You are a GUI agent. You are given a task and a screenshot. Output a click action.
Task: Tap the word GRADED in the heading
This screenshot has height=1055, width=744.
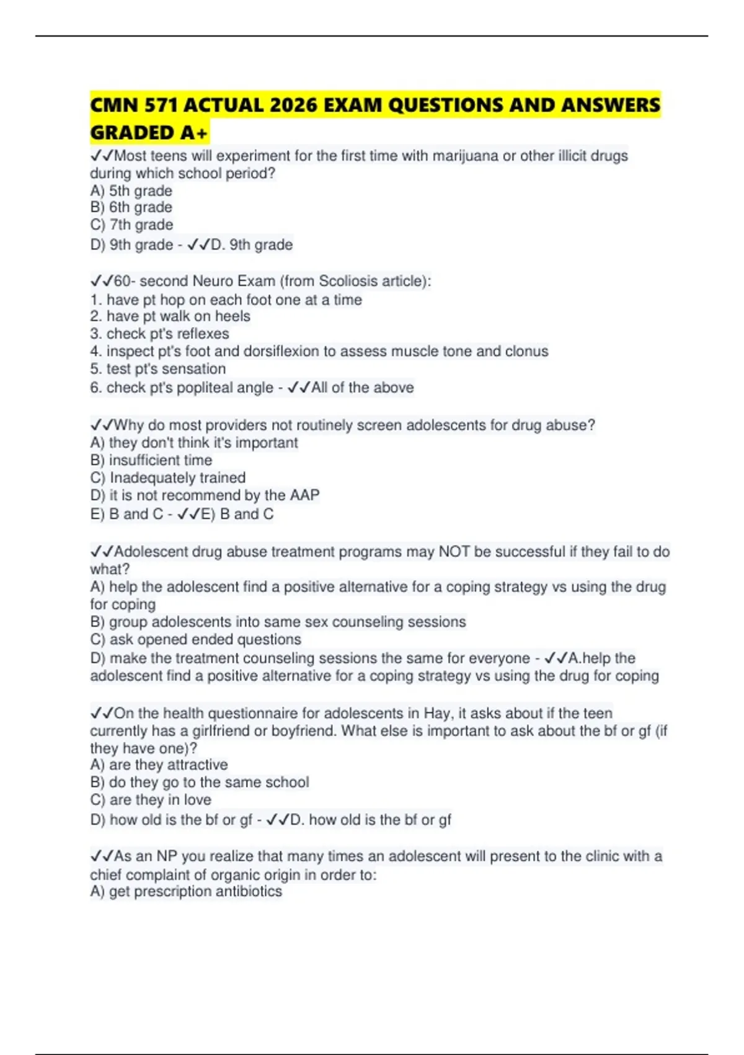(131, 133)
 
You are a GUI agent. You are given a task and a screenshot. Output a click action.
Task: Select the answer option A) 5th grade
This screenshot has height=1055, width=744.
(131, 191)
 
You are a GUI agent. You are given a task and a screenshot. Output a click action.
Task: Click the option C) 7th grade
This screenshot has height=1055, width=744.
(131, 225)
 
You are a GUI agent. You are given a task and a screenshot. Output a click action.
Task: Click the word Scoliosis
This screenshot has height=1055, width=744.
(348, 281)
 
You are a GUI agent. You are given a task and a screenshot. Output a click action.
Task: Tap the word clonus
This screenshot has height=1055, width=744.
(526, 351)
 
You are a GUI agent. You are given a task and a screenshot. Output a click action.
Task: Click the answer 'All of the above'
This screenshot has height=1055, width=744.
(362, 388)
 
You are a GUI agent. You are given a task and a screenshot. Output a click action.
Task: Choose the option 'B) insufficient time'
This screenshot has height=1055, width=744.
(151, 460)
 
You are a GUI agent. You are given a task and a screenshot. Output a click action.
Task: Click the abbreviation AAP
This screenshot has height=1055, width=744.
(304, 495)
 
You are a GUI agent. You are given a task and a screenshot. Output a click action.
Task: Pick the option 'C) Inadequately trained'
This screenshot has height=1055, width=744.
(168, 478)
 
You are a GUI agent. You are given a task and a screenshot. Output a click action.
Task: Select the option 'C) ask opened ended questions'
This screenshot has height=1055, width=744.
(195, 640)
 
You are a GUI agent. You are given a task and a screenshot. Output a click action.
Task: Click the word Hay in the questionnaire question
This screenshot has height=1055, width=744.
(438, 714)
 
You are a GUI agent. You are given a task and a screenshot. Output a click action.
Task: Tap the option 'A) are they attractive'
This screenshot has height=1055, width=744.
(159, 765)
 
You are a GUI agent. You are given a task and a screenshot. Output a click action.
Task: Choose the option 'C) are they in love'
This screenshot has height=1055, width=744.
(151, 800)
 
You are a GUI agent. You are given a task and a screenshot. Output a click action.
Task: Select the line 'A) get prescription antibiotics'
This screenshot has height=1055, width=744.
(186, 892)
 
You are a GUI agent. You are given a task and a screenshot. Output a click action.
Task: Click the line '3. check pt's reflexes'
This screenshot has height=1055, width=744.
(159, 334)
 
